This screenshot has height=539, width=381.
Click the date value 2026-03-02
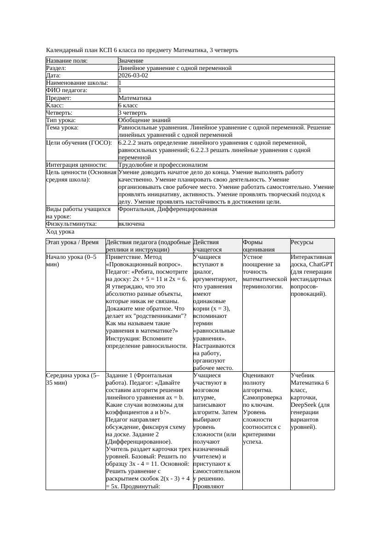tap(133, 76)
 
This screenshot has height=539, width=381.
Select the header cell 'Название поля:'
tap(67, 61)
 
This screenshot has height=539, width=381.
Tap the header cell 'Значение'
tap(131, 61)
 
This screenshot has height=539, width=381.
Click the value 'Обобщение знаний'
tap(141, 120)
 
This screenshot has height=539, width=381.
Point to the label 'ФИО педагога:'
tap(67, 90)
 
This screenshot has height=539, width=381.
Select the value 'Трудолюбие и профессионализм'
tap(163, 164)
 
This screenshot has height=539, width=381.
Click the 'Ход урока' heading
tap(60, 232)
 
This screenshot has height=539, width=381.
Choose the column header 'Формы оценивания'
tap(259, 246)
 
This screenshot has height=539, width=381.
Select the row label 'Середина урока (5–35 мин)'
tap(75, 379)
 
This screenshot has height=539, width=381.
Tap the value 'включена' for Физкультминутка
tap(131, 224)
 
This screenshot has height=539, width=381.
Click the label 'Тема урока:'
tap(62, 128)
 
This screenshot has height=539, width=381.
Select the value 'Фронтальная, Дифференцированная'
tap(168, 209)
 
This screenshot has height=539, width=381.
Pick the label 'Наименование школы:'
tap(77, 83)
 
